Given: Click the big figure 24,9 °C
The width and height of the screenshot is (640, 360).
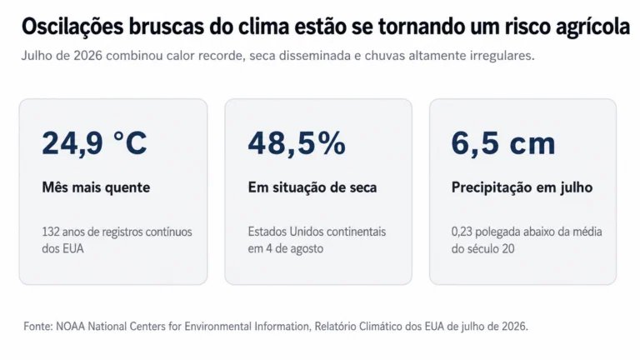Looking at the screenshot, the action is tap(94, 143).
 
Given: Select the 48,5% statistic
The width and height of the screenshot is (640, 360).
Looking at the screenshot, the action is tap(297, 143).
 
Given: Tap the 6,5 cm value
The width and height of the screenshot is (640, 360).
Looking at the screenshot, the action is tap(503, 143).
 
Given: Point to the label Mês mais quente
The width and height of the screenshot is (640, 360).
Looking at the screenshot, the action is tap(96, 187).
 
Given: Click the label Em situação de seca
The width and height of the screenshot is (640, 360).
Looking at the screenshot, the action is tap(312, 187).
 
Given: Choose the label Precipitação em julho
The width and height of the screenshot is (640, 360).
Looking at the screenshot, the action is tap(522, 187).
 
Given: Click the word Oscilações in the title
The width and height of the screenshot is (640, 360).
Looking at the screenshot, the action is tap(72, 27).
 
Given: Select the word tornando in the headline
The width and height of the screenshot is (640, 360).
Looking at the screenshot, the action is tap(418, 27).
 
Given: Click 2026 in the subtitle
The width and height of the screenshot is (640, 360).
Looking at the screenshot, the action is tap(87, 56).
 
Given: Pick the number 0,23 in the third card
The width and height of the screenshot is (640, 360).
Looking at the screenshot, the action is tap(462, 232).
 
